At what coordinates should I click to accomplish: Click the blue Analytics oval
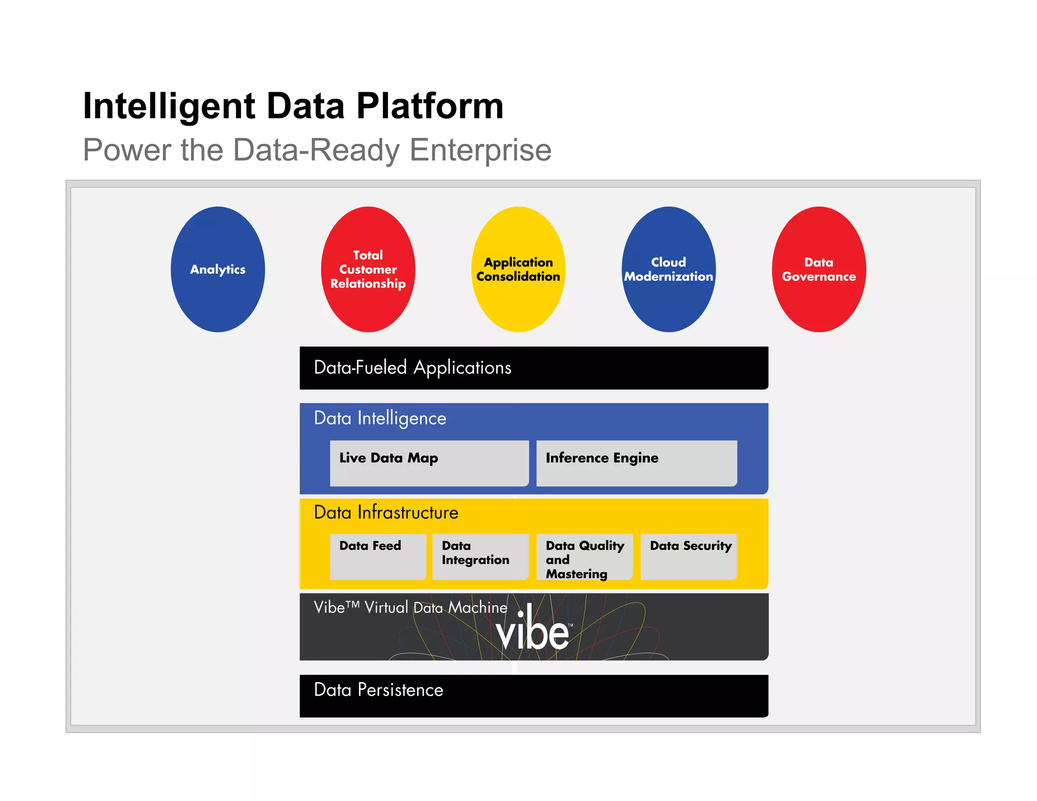tap(218, 269)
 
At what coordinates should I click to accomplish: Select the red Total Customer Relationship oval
tap(368, 269)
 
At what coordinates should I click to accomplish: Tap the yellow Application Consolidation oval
tap(518, 269)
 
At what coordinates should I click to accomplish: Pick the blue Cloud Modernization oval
tap(668, 269)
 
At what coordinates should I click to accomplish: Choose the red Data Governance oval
tap(819, 269)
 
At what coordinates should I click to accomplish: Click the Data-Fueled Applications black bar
tap(534, 368)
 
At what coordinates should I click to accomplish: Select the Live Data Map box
tap(429, 463)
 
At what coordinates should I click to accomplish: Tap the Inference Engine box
tap(636, 463)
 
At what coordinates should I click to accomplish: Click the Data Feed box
tap(377, 556)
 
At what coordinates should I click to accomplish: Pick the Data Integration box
tap(480, 556)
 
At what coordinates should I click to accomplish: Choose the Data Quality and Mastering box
tap(584, 556)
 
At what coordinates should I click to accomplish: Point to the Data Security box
tap(688, 556)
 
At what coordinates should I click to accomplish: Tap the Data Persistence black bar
tap(534, 696)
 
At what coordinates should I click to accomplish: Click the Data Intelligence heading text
tap(380, 418)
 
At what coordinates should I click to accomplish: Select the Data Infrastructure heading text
tap(386, 512)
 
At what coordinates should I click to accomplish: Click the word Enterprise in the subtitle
tap(480, 150)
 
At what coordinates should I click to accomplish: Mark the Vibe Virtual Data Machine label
tap(410, 607)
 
